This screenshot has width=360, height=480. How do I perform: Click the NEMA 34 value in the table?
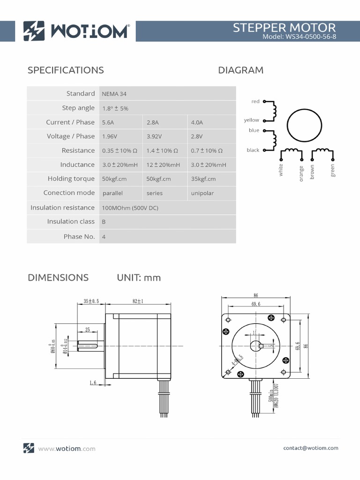[114, 94]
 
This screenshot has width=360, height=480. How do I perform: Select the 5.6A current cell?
[108, 122]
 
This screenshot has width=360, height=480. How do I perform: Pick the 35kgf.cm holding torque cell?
[203, 179]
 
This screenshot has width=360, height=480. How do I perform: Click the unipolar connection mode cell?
[202, 193]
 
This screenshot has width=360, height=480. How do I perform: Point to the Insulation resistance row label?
[62, 207]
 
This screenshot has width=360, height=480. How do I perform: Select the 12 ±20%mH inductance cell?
[163, 165]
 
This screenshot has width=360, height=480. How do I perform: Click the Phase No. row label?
[79, 236]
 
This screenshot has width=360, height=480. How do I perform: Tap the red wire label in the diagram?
[255, 101]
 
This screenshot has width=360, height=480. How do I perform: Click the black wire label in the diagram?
[253, 150]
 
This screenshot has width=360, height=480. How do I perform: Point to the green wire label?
[333, 171]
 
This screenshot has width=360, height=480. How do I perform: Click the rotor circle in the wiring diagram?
[305, 125]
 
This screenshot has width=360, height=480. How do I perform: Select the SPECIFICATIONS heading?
[66, 70]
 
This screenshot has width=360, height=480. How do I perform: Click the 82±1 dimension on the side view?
[137, 301]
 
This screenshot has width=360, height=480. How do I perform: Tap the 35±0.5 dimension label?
[91, 301]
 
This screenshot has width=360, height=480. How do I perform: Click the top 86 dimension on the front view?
[255, 296]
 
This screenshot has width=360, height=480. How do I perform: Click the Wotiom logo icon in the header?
[34, 31]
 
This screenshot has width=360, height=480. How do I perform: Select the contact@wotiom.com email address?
[310, 448]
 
